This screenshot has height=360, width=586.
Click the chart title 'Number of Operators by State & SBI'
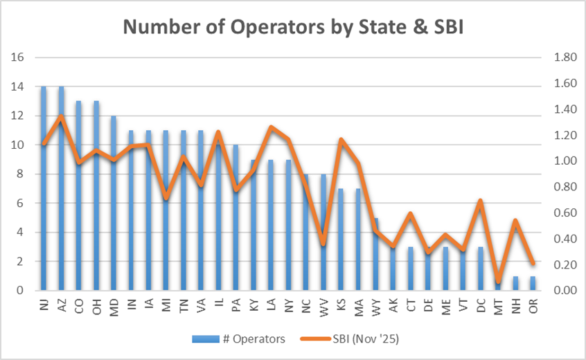(293, 28)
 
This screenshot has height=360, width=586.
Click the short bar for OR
(533, 283)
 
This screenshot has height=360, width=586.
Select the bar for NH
(515, 283)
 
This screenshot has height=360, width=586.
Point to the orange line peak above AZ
(62, 117)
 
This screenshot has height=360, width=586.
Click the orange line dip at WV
(323, 243)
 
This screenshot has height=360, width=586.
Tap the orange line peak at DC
(480, 201)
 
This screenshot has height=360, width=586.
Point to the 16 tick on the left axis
(19, 57)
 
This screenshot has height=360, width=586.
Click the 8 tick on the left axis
(22, 174)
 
